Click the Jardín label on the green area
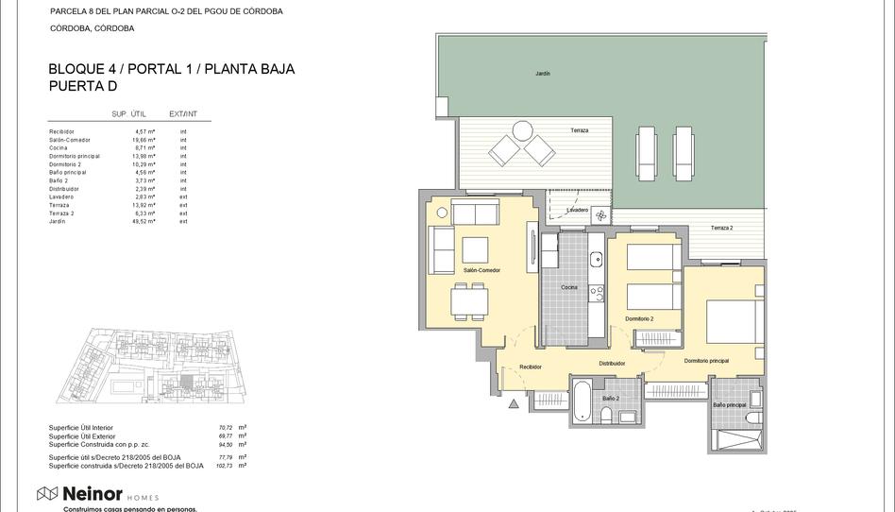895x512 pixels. pos(542,73)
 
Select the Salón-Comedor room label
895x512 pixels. pos(481,270)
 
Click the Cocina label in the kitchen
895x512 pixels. pos(568,287)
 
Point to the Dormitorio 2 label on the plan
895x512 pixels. pos(638,318)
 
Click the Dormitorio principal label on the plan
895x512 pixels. pos(706,360)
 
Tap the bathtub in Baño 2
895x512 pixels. pos(583,401)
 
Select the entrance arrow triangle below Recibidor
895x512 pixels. pos(514,403)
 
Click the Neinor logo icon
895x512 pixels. pos(47,493)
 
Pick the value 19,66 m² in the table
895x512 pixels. pos(144,140)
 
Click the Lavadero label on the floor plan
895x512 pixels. pos(577,210)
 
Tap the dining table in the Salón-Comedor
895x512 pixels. pos(469,301)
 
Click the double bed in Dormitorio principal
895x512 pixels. pos(735,321)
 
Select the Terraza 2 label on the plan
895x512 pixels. pos(721,229)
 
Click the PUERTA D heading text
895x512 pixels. pos(82,86)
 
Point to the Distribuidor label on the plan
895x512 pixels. pos(612,363)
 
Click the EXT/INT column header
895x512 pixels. pos(182,114)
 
